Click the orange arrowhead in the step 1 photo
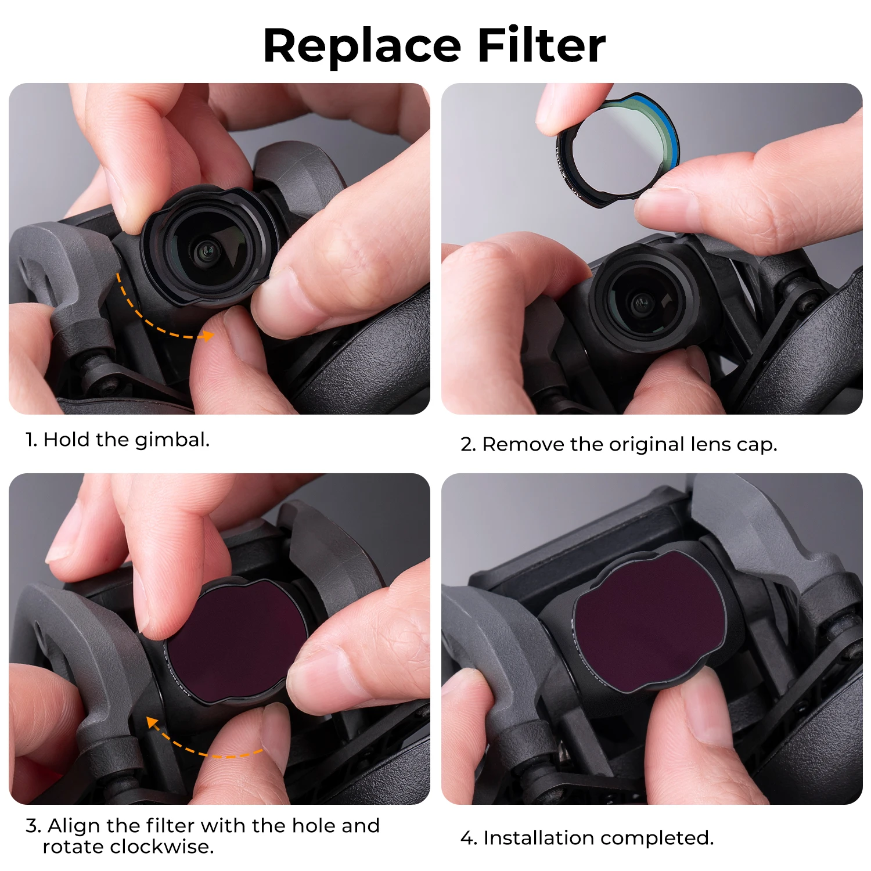point(207,335)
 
